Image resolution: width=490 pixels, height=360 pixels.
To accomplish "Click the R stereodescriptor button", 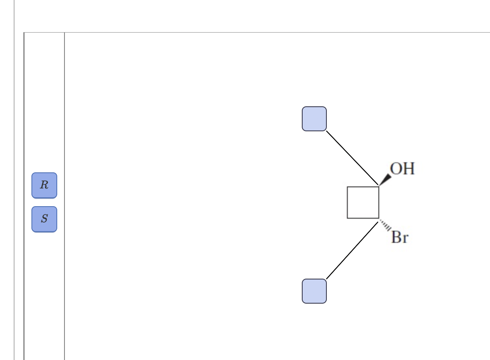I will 44,185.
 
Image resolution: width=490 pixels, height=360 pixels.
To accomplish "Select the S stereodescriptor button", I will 44,219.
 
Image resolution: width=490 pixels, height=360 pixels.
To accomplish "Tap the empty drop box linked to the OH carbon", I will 314,119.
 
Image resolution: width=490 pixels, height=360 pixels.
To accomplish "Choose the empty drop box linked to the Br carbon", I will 314,291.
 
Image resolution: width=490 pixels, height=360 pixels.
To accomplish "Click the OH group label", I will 402,169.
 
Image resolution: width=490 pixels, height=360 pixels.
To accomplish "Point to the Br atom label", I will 399,237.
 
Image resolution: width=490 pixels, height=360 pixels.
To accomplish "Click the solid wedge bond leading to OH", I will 385,180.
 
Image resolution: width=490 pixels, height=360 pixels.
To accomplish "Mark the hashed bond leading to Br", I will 384,225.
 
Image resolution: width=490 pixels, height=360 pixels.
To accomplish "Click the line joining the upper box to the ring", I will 352,158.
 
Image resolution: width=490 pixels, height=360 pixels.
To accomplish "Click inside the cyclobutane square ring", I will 363,202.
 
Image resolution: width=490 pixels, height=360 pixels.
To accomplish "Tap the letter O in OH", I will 397,169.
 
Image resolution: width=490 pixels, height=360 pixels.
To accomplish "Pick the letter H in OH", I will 408,169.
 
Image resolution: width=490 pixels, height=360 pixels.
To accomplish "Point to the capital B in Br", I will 397,237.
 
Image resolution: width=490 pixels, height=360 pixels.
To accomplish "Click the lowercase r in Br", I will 405,239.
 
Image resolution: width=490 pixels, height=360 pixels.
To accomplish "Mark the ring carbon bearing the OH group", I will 378,186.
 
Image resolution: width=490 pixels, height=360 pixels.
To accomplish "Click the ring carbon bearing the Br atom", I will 378,218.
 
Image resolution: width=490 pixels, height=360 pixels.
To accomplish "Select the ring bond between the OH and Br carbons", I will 378,202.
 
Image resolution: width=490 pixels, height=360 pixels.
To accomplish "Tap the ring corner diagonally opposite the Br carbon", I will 347,186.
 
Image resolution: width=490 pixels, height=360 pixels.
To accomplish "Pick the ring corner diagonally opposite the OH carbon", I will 347,218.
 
